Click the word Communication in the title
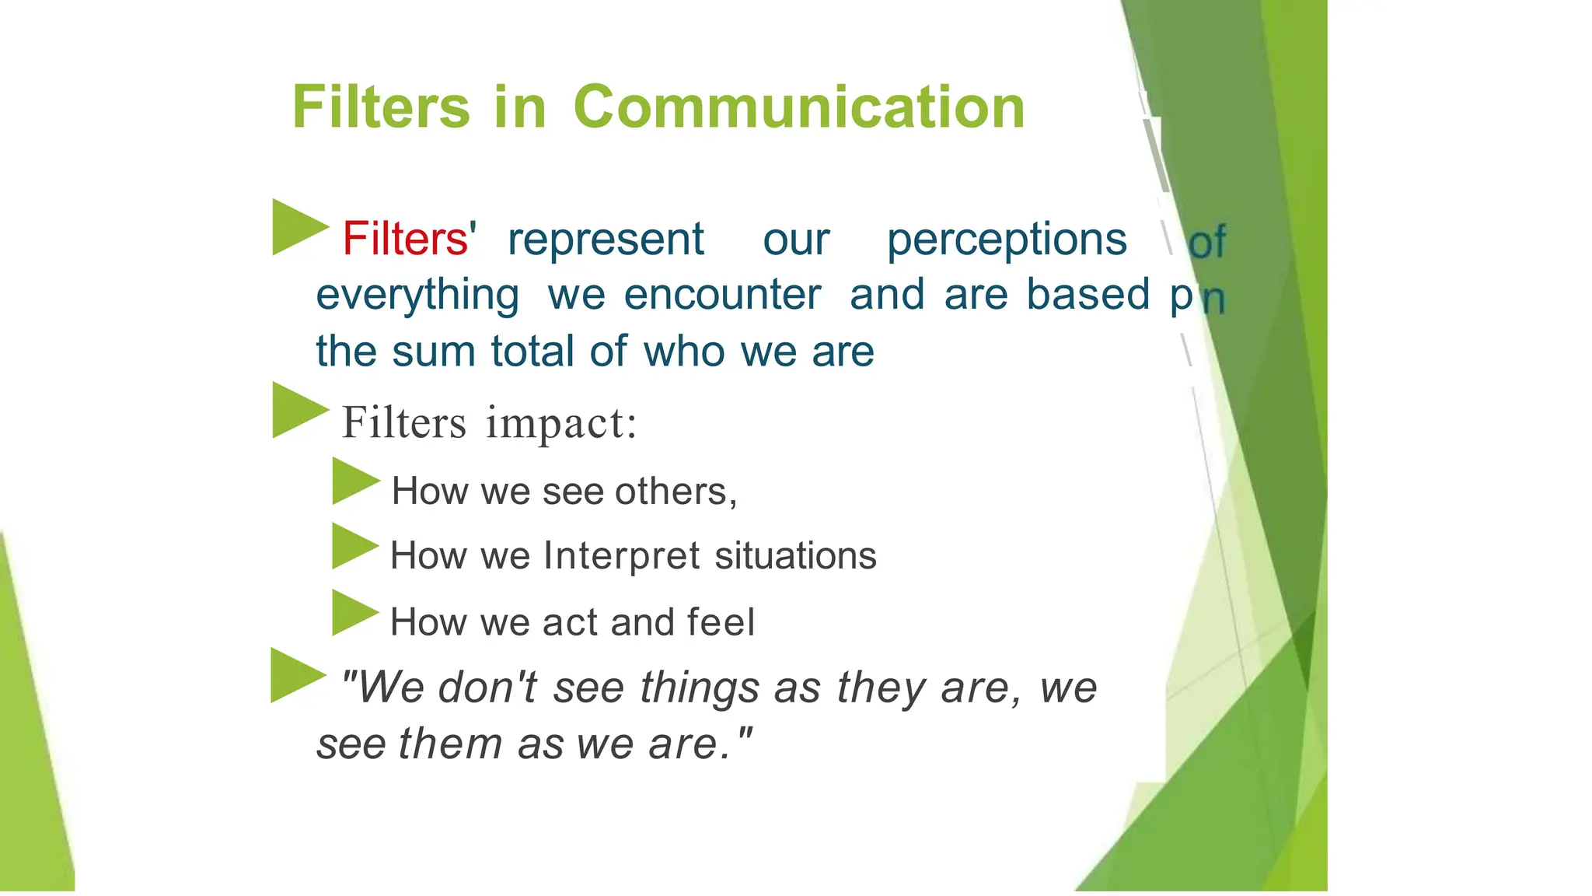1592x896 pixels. (x=798, y=107)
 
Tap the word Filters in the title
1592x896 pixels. (x=381, y=107)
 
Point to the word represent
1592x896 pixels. (x=606, y=239)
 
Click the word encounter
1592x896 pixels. (x=722, y=295)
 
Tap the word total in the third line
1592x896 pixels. (x=534, y=351)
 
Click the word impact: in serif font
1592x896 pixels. (x=561, y=424)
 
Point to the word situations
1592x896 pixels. (x=795, y=556)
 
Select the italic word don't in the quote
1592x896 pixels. (x=487, y=688)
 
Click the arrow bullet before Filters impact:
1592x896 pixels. (x=298, y=410)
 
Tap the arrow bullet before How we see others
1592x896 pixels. (x=354, y=481)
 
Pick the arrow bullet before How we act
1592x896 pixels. (x=353, y=613)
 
